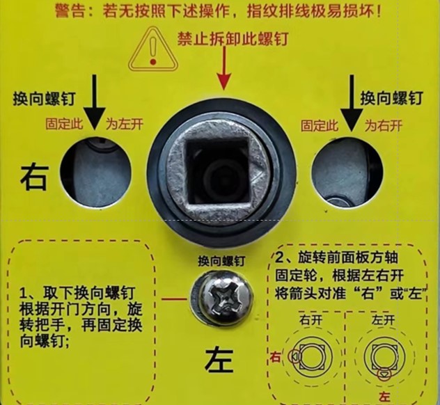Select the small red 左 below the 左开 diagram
[382, 395]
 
